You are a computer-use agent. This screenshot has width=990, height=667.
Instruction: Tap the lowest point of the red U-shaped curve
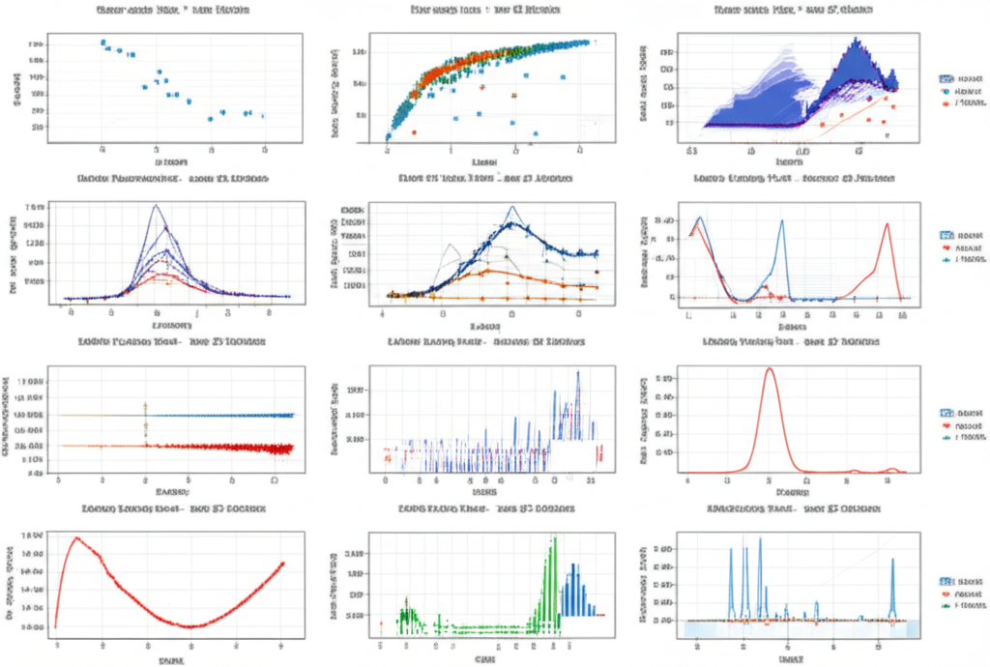coord(192,626)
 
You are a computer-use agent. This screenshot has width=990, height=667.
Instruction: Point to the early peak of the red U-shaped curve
coord(77,538)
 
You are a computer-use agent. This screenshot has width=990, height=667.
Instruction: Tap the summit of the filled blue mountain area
coord(855,41)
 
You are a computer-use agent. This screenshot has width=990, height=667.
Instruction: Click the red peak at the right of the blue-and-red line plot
coord(887,224)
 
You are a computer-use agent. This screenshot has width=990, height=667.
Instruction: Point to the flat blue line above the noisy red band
coord(222,415)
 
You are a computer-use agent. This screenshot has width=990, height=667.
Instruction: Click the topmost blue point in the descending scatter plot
coord(102,42)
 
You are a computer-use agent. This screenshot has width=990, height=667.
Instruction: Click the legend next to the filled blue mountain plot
coord(961,88)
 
